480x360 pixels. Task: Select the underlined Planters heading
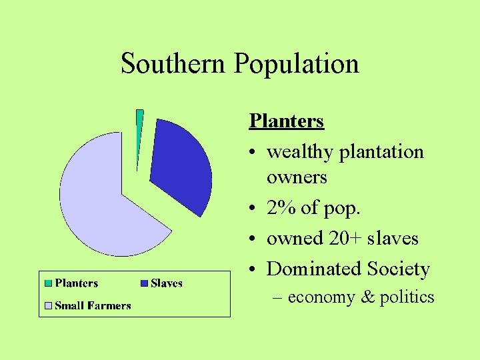tap(286, 121)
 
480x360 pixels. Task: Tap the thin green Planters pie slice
tap(139, 133)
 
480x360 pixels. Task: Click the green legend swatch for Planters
tap(48, 283)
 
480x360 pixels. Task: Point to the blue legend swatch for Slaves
tap(144, 283)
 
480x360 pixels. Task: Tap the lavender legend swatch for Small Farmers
tap(48, 306)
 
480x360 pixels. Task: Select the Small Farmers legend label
tap(93, 306)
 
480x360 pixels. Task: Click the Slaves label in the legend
tap(167, 283)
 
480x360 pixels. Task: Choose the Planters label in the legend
tap(77, 283)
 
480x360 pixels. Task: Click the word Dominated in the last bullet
tap(313, 269)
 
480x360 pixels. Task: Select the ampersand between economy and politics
tap(367, 297)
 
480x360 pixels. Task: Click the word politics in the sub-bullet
tap(407, 297)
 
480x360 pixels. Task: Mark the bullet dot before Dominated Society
tap(253, 270)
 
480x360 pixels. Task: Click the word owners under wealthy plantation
tap(297, 178)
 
